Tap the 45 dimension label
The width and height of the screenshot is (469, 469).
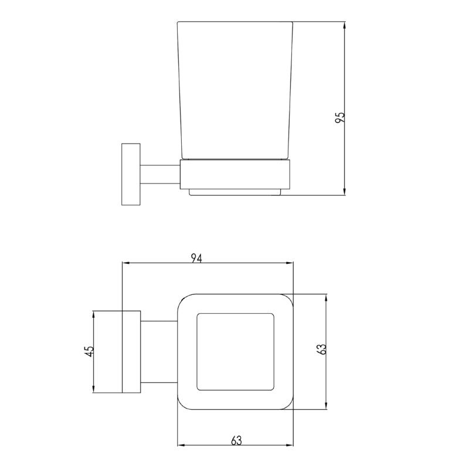(x=89, y=351)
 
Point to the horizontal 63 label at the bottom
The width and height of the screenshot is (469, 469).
(x=236, y=440)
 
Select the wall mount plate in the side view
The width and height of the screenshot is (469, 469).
(x=130, y=174)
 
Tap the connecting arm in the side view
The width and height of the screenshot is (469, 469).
(x=159, y=174)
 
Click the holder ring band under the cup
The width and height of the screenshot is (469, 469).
(x=235, y=174)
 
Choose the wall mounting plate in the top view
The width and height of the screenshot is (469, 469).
(x=130, y=351)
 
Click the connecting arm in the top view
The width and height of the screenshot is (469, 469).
(x=158, y=351)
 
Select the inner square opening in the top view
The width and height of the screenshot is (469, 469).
(x=236, y=352)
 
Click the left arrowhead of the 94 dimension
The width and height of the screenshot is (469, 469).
(x=125, y=264)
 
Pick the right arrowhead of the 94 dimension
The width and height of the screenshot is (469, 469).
(x=290, y=264)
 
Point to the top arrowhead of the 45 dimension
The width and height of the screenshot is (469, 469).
(x=93, y=314)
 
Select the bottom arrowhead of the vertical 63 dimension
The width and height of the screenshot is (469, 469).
(x=327, y=406)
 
